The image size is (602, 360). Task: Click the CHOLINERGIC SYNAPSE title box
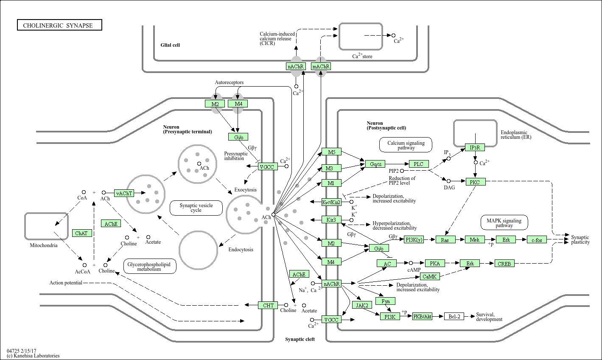point(60,25)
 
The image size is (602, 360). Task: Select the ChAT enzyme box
point(81,233)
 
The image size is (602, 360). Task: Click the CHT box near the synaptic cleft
point(268,305)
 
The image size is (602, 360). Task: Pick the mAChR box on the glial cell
point(321,67)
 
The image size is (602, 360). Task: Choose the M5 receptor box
point(331,152)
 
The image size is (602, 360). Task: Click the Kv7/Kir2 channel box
point(331,202)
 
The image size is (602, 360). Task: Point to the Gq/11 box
point(376,164)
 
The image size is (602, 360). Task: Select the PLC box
point(419,164)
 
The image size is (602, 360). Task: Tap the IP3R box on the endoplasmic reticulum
point(475,147)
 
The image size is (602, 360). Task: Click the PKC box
point(475,182)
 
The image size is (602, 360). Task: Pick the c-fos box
point(537,240)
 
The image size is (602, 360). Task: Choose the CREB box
point(504,264)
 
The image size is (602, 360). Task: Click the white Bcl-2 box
point(454,316)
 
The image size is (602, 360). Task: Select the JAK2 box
point(362,305)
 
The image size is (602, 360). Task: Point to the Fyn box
point(386,301)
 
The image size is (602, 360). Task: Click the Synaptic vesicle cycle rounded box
point(196,208)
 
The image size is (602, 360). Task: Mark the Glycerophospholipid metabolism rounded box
point(149,266)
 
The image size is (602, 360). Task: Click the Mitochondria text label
point(43,245)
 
